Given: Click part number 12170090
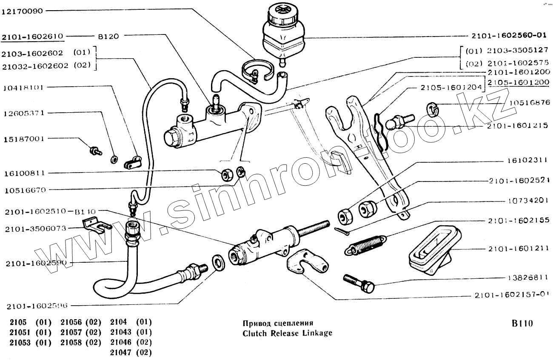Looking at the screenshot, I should pos(23,11).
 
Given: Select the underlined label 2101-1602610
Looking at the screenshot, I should pos(33,37).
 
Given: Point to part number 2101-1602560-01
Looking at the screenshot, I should pos(508,36).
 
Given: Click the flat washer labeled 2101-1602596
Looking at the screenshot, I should pos(219,263).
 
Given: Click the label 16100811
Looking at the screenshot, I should pos(25,173).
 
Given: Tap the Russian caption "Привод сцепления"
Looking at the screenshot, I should pos(278,323).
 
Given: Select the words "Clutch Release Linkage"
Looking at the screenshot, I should pos(287,333).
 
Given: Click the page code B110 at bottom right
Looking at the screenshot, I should pos(522,323).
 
